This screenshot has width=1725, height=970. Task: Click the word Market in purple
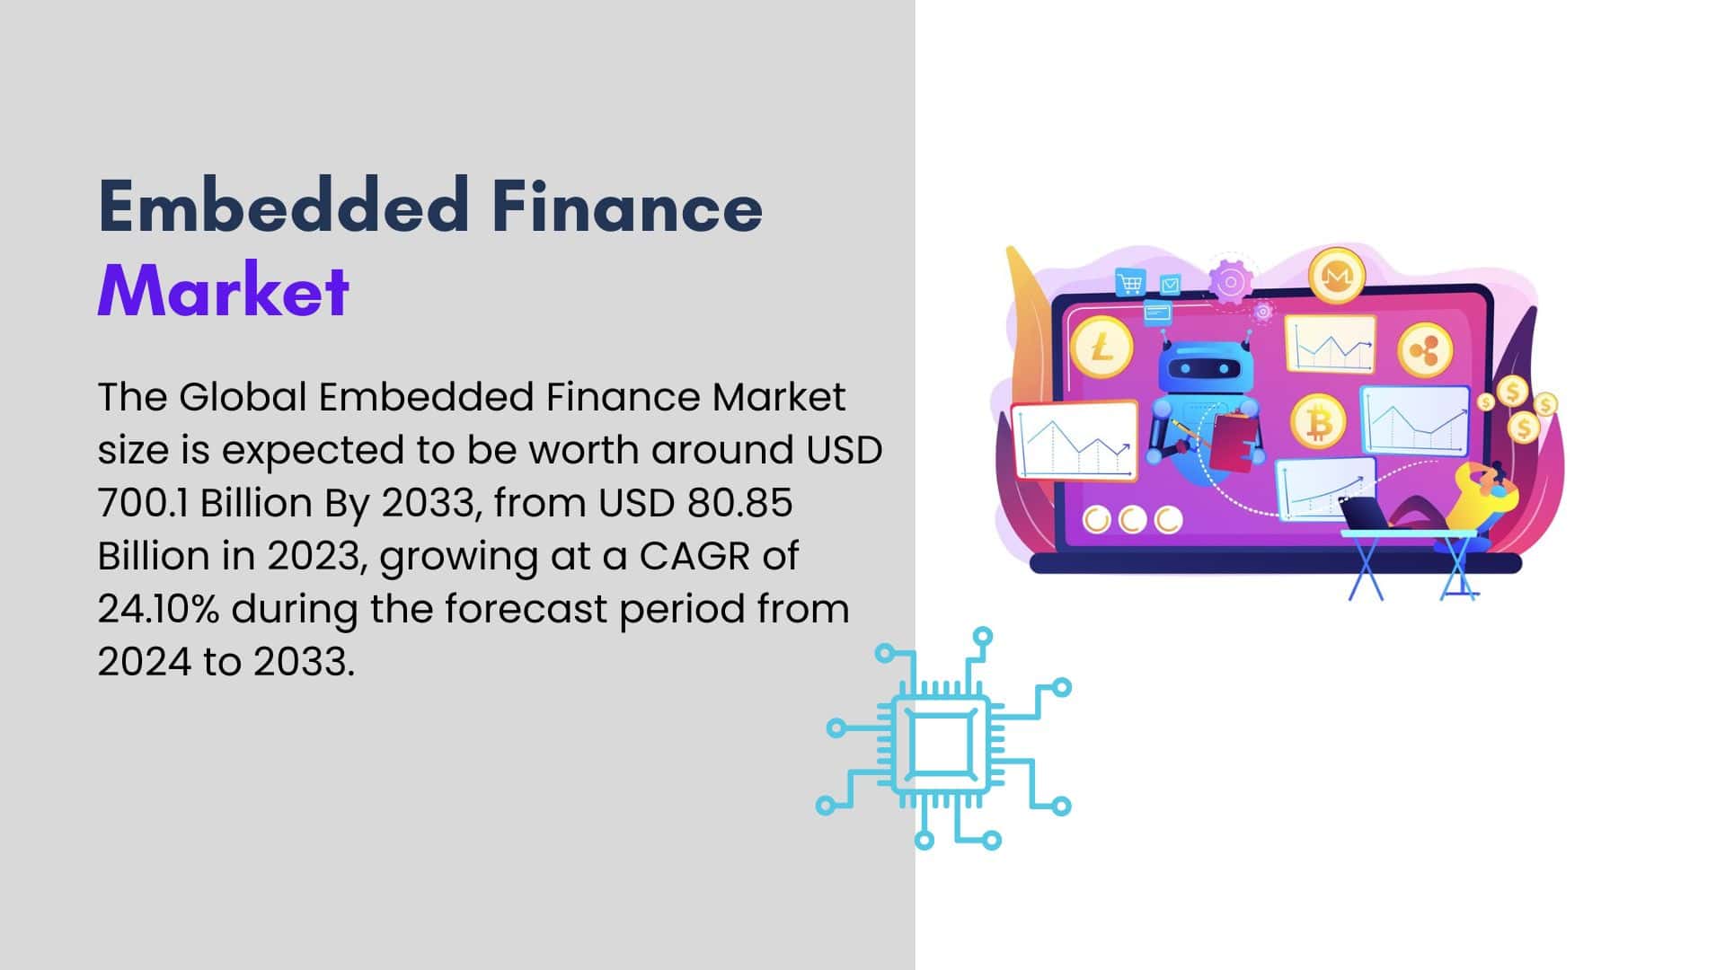[223, 290]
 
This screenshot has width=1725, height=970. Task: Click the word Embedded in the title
[284, 206]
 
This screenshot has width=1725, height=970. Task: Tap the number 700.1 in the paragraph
[143, 503]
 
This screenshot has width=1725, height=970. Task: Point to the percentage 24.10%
[158, 609]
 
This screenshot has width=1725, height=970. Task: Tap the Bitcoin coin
[1318, 421]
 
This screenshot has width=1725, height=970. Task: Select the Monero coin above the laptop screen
[1337, 276]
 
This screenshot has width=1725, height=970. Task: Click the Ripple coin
[1425, 351]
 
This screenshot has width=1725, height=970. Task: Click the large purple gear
[1230, 283]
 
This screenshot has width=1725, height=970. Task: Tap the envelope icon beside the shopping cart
[1170, 286]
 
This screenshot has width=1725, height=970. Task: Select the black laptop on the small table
[1366, 513]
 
